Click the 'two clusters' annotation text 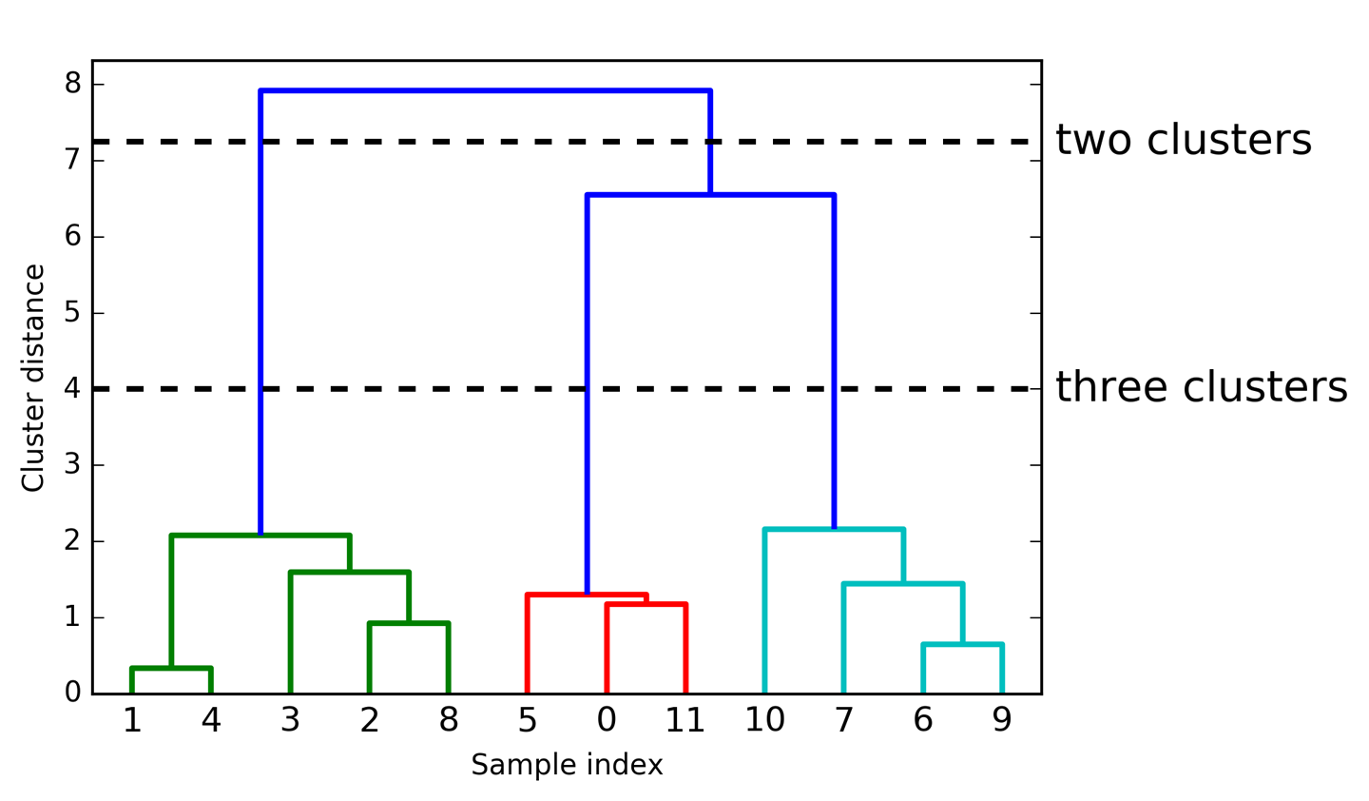pos(1184,141)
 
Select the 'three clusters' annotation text pos(1202,388)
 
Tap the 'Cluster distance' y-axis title pos(33,378)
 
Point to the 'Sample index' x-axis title pos(567,765)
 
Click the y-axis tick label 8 pos(73,84)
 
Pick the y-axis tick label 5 pos(73,313)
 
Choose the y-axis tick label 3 pos(73,465)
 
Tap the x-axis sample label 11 pos(684,721)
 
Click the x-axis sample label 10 pos(764,721)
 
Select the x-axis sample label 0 pos(607,721)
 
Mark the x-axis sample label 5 pos(528,721)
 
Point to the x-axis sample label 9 pos(1002,721)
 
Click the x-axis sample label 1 pos(132,721)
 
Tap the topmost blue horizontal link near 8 pos(485,91)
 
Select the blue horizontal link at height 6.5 pos(710,195)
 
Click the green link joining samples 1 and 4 pos(171,669)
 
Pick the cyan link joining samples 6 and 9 pos(962,645)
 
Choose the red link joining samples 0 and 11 pos(646,604)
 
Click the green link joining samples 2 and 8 pos(409,623)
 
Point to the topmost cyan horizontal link pos(834,529)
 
